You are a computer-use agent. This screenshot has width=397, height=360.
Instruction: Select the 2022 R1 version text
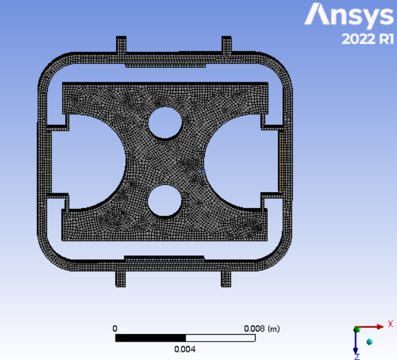click(368, 39)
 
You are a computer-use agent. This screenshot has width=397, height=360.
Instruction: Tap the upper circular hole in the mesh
click(165, 123)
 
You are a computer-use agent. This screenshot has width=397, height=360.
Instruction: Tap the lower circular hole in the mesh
click(165, 201)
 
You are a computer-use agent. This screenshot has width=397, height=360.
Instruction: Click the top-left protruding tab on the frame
click(121, 45)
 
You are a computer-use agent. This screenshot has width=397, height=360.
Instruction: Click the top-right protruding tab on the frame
click(226, 45)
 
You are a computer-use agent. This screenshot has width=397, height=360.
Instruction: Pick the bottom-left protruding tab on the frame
click(120, 279)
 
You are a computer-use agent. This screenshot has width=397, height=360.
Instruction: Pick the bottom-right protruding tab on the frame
click(226, 279)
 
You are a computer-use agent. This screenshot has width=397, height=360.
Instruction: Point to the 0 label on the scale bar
click(115, 329)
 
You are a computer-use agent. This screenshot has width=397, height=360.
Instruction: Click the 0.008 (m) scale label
click(262, 329)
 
